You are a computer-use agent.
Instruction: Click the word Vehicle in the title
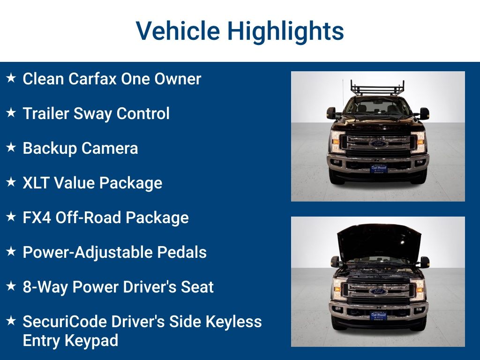(178, 31)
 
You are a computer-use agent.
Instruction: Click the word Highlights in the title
(285, 32)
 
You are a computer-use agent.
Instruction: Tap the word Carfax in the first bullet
(92, 79)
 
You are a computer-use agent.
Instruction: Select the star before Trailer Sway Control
(11, 113)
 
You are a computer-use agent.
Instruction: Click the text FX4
(37, 217)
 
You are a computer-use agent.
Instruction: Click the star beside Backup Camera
(11, 148)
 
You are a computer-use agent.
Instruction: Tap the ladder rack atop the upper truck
(377, 87)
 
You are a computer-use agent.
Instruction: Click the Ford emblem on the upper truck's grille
(378, 143)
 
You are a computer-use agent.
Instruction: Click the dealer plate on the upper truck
(378, 169)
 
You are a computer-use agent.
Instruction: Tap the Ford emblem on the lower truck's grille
(378, 291)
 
